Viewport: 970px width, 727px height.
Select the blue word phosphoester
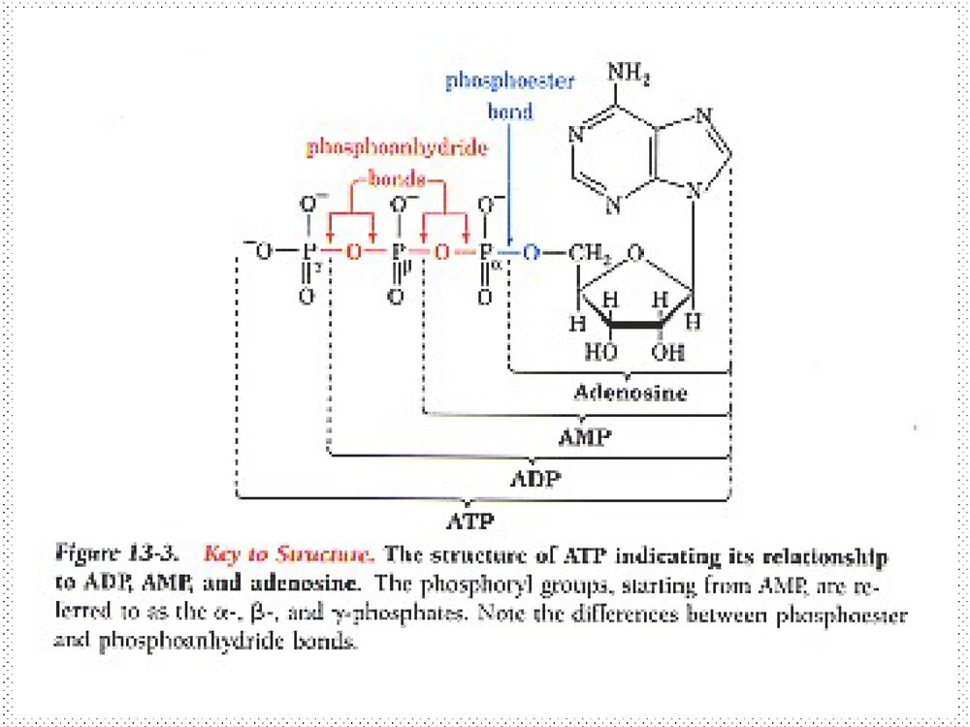(x=509, y=81)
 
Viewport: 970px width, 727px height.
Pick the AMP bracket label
(x=585, y=436)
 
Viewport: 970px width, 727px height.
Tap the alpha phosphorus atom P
(x=486, y=252)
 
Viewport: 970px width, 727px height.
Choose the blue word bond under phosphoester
(x=510, y=111)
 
